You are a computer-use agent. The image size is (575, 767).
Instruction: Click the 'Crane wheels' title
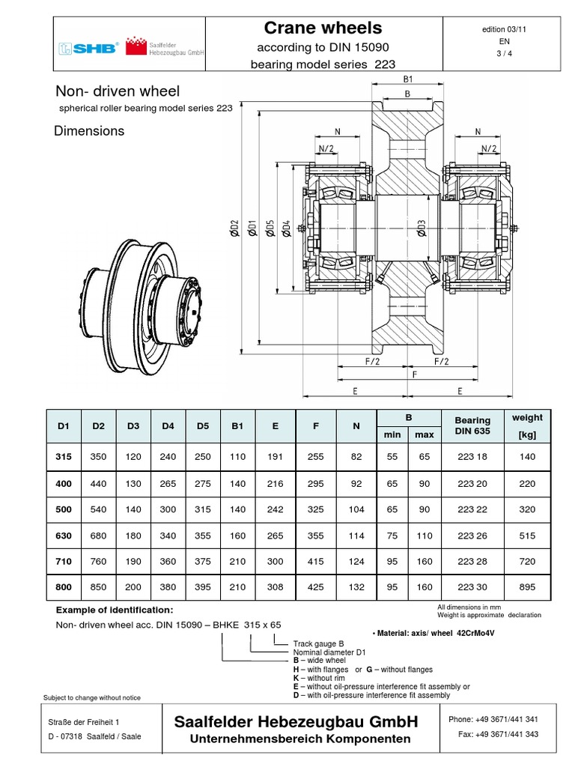click(323, 28)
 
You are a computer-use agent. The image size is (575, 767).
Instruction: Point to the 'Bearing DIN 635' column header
click(472, 426)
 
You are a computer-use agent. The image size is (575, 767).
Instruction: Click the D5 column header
click(202, 426)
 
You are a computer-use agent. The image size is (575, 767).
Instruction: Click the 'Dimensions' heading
click(89, 131)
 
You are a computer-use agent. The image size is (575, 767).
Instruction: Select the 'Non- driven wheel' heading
click(118, 91)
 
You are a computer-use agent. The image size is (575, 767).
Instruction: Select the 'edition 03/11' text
click(505, 29)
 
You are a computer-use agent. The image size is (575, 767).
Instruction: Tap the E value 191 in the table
click(275, 455)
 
